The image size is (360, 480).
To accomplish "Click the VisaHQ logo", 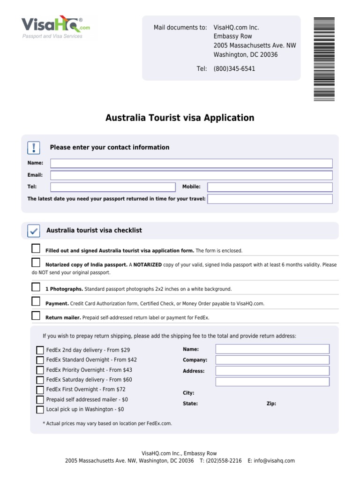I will (52, 26).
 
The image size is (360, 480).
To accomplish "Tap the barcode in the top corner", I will (324, 59).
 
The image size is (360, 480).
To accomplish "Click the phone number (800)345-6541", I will (234, 69).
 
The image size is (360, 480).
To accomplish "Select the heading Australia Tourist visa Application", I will (180, 118).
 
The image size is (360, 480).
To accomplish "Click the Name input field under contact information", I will (191, 163).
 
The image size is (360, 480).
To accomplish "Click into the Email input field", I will (191, 175).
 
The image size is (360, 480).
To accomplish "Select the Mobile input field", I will (270, 187).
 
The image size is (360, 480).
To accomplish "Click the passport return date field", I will (270, 199).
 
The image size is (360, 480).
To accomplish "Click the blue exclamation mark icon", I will (34, 148).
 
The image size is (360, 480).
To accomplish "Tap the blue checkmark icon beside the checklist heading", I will (34, 231).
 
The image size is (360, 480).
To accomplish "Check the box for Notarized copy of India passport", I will (36, 262).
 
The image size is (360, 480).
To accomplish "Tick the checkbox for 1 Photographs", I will (36, 287).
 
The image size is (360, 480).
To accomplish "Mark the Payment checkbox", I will (36, 301).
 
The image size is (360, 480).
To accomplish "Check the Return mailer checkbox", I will (36, 315).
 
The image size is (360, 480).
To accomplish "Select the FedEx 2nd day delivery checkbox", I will (40, 350).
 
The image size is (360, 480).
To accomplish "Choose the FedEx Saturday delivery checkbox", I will (40, 380).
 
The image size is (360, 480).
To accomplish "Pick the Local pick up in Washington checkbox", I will (40, 410).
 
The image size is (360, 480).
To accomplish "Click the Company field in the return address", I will (272, 360).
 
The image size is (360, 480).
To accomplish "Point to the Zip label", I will (271, 404).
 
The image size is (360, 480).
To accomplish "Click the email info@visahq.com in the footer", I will (274, 461).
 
